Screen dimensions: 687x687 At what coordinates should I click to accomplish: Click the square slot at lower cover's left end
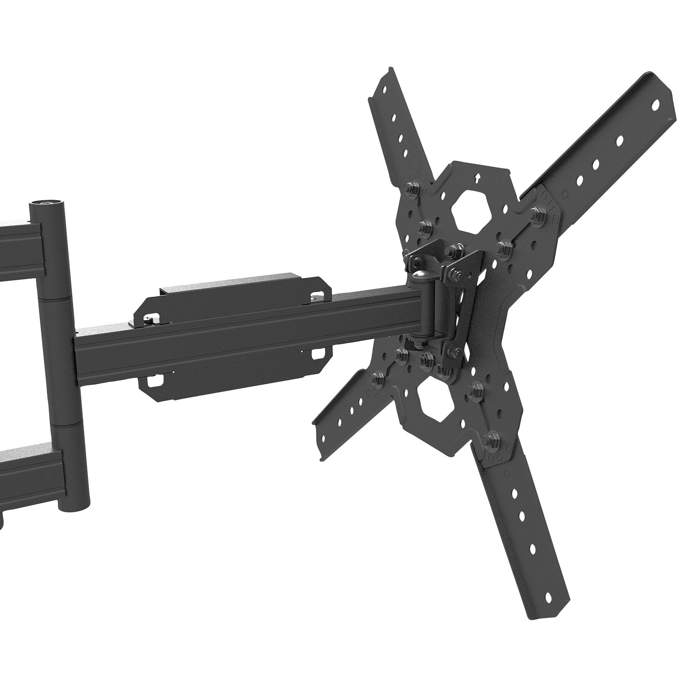(154, 380)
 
